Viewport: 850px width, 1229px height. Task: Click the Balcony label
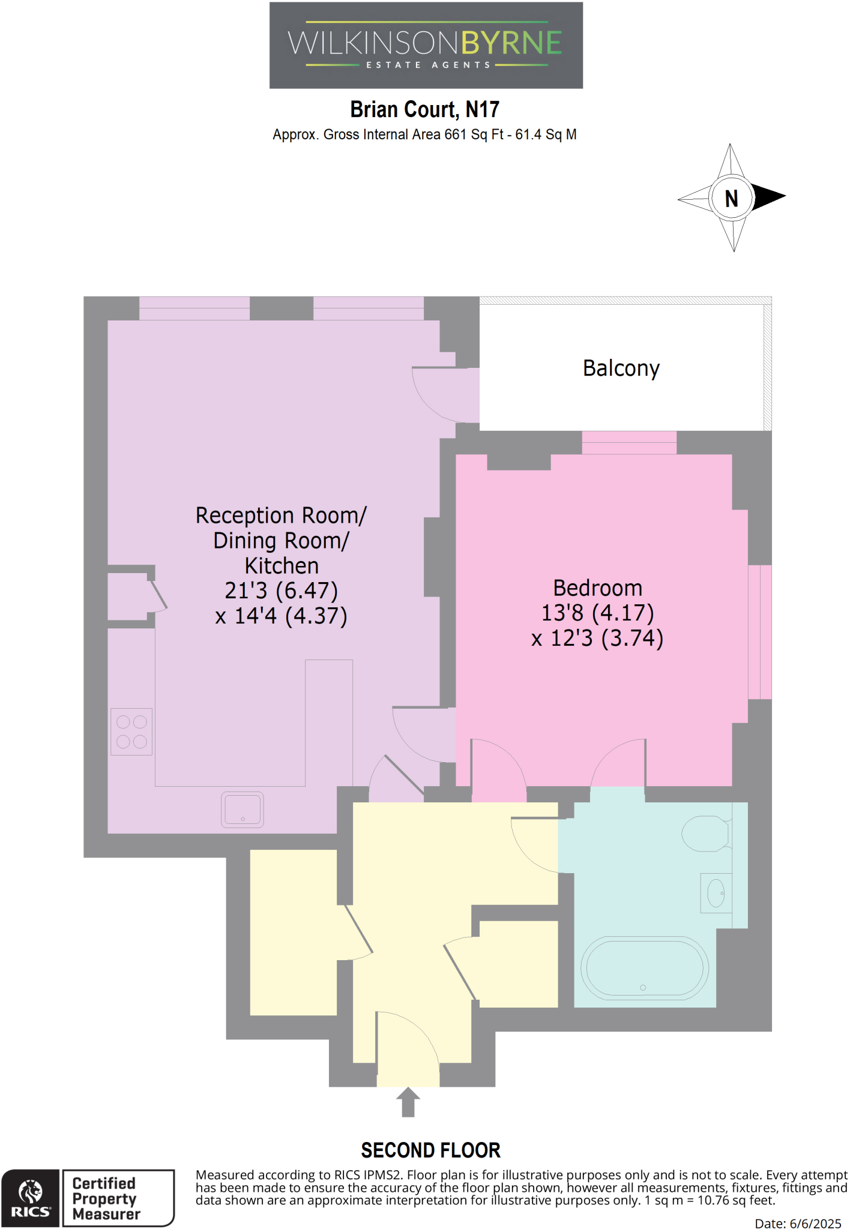621,368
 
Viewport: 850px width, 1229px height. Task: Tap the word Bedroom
597,587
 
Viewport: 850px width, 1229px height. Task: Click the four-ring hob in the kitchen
131,732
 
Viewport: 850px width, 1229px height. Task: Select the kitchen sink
243,810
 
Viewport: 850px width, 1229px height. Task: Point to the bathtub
644,969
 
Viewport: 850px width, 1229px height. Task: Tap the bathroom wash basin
716,893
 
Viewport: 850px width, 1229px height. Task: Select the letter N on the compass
731,199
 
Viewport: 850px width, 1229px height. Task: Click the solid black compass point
769,197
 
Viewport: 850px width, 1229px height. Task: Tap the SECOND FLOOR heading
430,1150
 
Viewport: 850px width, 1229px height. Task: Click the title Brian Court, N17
424,110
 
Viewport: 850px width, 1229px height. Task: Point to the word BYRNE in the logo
511,43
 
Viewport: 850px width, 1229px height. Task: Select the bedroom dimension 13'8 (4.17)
597,613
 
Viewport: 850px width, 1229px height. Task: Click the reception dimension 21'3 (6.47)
281,590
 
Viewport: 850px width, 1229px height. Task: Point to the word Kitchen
282,566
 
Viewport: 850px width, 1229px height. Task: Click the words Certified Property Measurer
106,1198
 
